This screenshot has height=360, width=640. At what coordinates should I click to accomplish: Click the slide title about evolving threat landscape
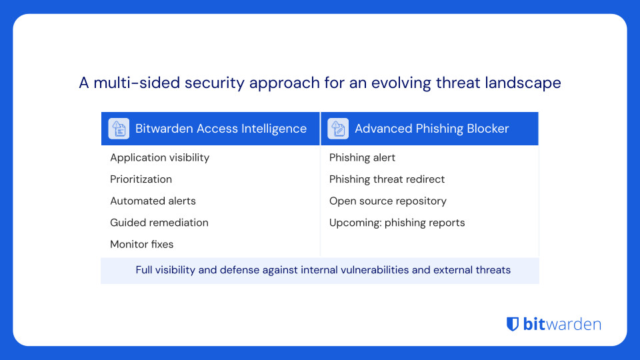pyautogui.click(x=320, y=83)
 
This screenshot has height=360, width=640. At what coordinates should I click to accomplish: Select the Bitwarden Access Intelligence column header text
pyautogui.click(x=221, y=129)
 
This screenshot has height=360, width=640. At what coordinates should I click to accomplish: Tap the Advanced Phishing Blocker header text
pyautogui.click(x=431, y=129)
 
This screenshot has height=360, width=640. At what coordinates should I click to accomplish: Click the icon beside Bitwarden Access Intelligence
pyautogui.click(x=119, y=129)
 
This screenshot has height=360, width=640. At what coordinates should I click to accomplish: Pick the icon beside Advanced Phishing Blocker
pyautogui.click(x=338, y=129)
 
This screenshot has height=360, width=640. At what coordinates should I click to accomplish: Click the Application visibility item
pyautogui.click(x=159, y=158)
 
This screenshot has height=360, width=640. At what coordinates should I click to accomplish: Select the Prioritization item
pyautogui.click(x=141, y=179)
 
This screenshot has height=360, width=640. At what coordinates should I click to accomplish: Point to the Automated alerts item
pyautogui.click(x=153, y=201)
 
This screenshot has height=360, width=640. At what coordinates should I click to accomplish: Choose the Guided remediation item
pyautogui.click(x=159, y=223)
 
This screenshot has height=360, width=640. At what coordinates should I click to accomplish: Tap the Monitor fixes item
pyautogui.click(x=141, y=245)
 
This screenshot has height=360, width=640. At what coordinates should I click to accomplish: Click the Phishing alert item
pyautogui.click(x=362, y=158)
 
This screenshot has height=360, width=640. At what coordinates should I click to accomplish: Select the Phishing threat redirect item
pyautogui.click(x=387, y=179)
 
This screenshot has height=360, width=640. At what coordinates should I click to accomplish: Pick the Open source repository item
pyautogui.click(x=387, y=201)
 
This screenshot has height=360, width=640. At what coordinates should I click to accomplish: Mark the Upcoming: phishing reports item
pyautogui.click(x=397, y=223)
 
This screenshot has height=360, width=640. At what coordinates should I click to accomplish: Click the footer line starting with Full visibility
pyautogui.click(x=323, y=270)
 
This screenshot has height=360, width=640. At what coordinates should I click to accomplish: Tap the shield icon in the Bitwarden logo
pyautogui.click(x=513, y=325)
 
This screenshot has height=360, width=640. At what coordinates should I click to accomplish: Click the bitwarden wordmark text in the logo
pyautogui.click(x=562, y=325)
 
